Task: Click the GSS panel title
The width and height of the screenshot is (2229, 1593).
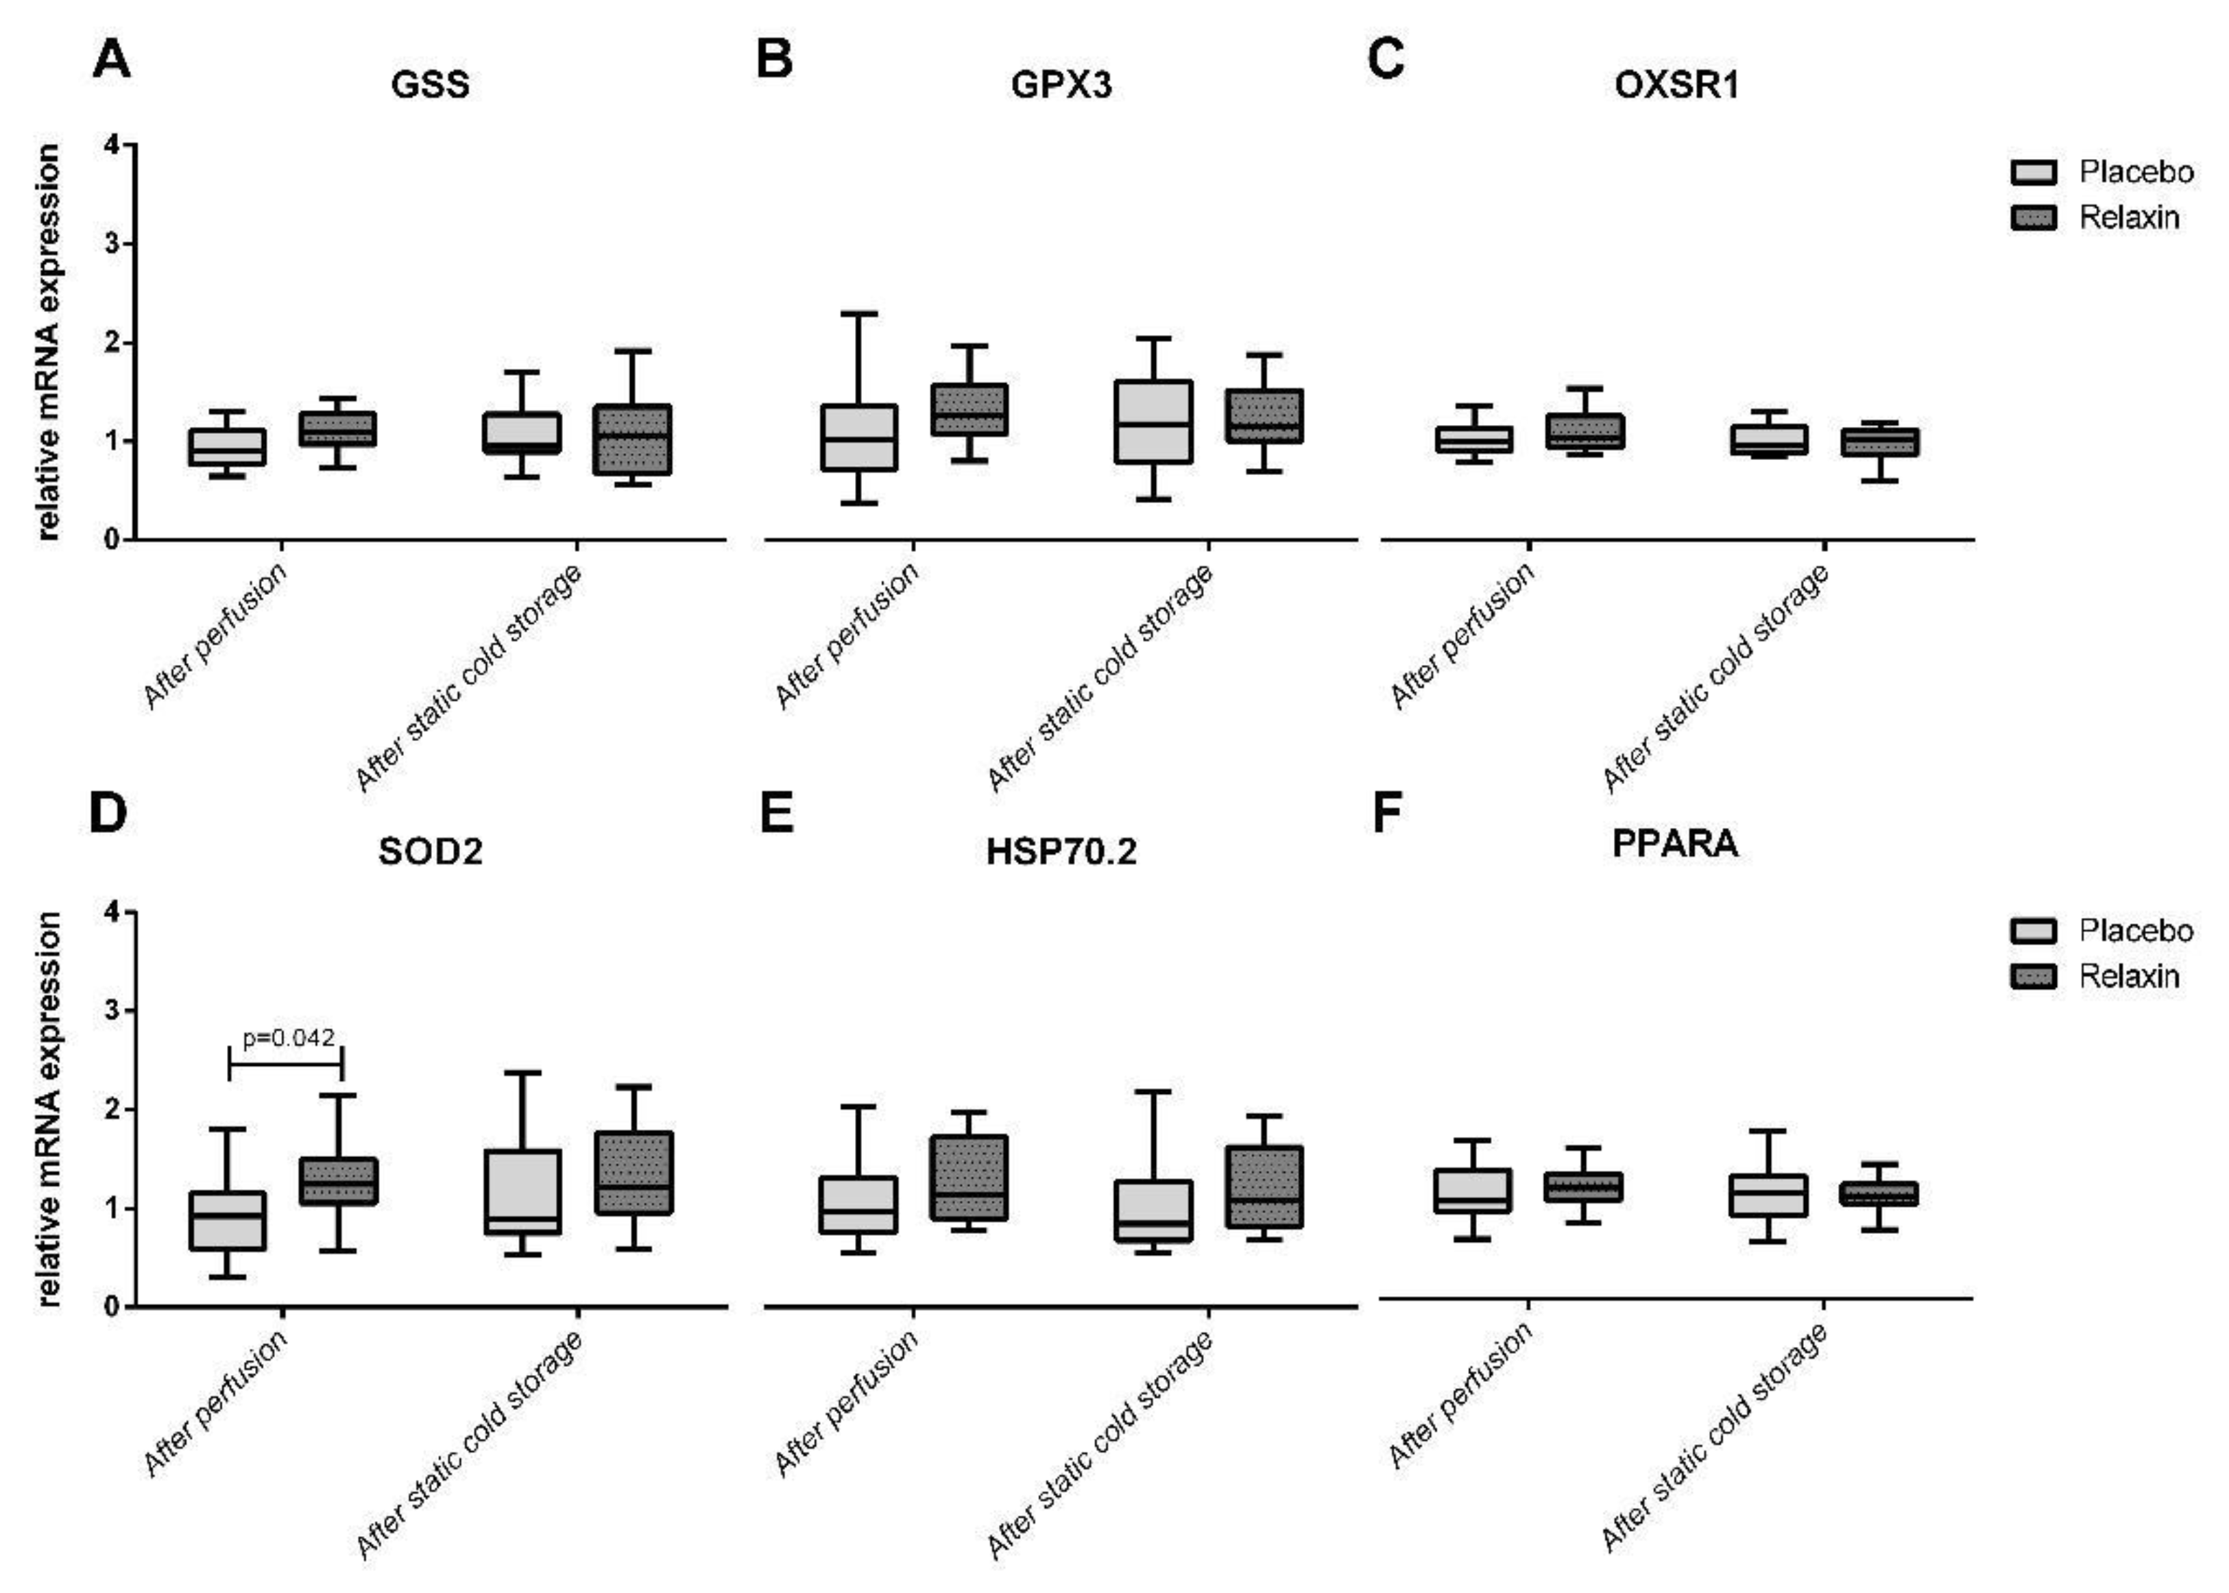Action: pyautogui.click(x=430, y=84)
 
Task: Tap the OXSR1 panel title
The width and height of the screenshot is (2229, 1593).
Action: pyautogui.click(x=1676, y=85)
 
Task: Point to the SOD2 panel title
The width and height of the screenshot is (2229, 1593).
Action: pyautogui.click(x=430, y=851)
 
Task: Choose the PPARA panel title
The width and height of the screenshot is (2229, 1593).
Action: pyautogui.click(x=1675, y=844)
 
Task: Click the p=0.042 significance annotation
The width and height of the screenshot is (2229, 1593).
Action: pyautogui.click(x=289, y=1037)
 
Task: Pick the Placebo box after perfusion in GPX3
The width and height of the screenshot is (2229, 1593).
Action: pyautogui.click(x=859, y=437)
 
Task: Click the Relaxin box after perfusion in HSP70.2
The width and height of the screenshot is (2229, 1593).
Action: pyautogui.click(x=969, y=1177)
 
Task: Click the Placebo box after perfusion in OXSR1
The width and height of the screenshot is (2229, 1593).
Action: pyautogui.click(x=1473, y=439)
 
